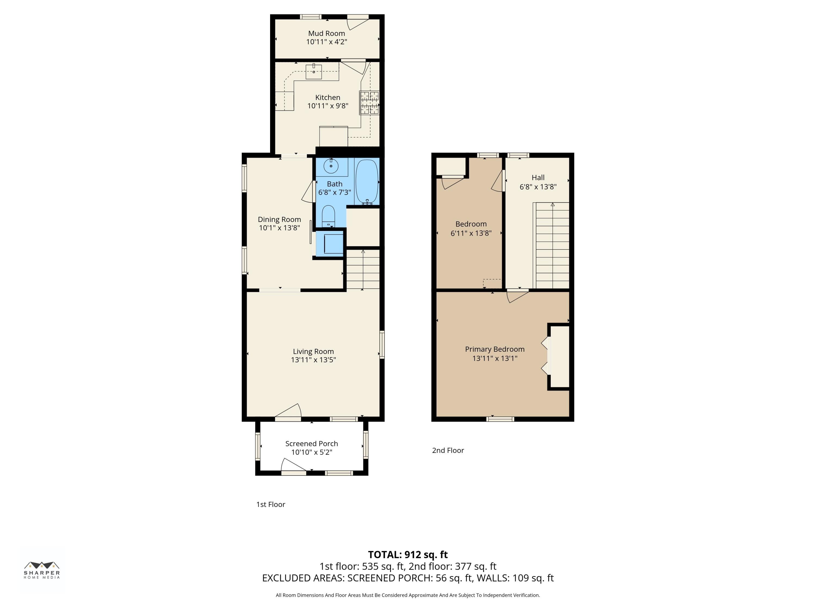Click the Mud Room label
tap(326, 33)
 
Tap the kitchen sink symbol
tap(314, 72)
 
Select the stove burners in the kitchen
tap(369, 103)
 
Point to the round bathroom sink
tap(331, 166)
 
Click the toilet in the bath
tap(328, 215)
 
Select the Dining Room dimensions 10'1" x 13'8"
tap(279, 228)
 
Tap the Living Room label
tap(313, 351)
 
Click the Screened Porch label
tap(311, 443)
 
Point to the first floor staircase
tap(363, 269)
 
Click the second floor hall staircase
tap(552, 245)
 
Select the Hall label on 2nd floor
tap(538, 177)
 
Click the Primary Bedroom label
tap(494, 349)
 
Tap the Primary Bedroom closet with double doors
tap(559, 356)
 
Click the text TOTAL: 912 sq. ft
tap(408, 554)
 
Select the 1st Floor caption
tap(270, 504)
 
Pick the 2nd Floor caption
tap(448, 450)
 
